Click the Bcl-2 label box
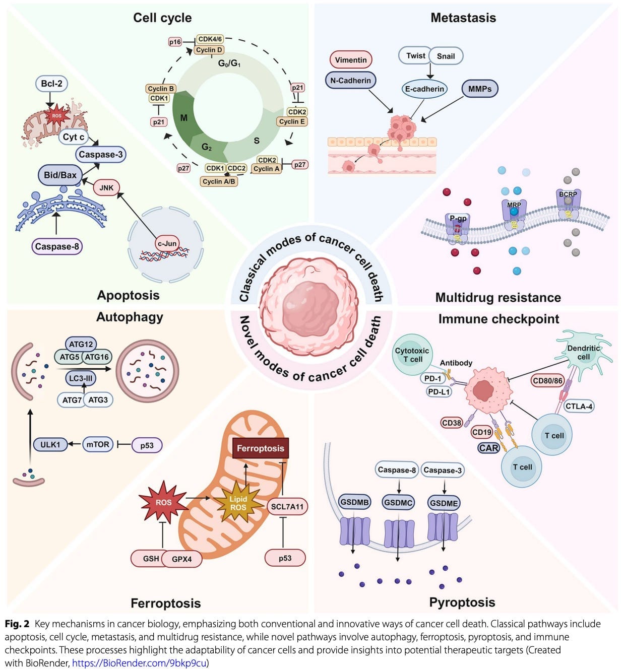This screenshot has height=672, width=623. pyautogui.click(x=51, y=84)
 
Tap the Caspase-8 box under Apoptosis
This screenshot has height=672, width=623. pyautogui.click(x=57, y=246)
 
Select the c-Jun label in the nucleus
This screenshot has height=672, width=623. pyautogui.click(x=167, y=243)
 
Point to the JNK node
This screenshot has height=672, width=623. pyautogui.click(x=106, y=187)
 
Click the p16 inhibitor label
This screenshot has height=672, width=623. pyautogui.click(x=175, y=42)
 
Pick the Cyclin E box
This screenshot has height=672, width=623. pyautogui.click(x=291, y=121)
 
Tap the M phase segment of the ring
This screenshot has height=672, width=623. pyautogui.click(x=183, y=118)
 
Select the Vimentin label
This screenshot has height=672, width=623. pyautogui.click(x=350, y=60)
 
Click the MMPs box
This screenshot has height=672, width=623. pyautogui.click(x=479, y=89)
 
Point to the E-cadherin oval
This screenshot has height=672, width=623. pyautogui.click(x=424, y=89)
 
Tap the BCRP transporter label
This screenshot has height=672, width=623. pyautogui.click(x=568, y=194)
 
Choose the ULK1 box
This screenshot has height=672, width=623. pyautogui.click(x=50, y=444)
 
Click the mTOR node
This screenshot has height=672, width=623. pyautogui.click(x=97, y=444)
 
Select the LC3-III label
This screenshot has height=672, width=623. pyautogui.click(x=81, y=378)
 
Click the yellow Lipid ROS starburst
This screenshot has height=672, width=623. pyautogui.click(x=238, y=503)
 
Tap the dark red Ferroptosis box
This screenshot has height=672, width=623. pyautogui.click(x=261, y=448)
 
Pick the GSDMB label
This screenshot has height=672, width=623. pyautogui.click(x=354, y=502)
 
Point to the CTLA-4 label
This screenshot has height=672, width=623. pyautogui.click(x=579, y=406)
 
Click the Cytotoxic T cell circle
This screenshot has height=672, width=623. pyautogui.click(x=412, y=355)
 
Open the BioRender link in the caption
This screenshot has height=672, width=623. pyautogui.click(x=139, y=663)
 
